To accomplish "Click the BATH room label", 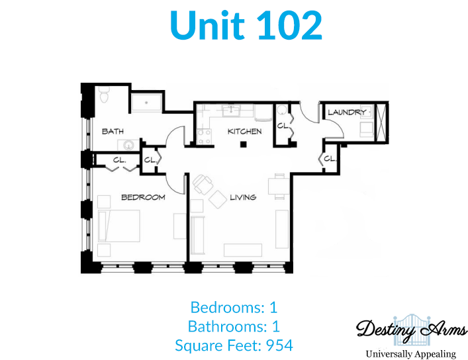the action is point(113,131).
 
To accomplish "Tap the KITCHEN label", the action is point(244,131).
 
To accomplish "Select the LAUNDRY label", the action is point(347,112).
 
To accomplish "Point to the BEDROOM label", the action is point(143,197).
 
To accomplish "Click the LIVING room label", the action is point(243,197).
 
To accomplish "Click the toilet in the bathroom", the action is point(104,95).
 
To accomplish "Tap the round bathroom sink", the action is point(128,146).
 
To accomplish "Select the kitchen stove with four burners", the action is point(204,137).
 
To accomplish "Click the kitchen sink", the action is point(231,110).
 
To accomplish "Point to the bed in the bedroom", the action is point(118,226).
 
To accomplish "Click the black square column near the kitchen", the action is point(244,145).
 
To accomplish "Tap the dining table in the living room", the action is point(279,186).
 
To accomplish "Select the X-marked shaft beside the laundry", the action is point(381,122).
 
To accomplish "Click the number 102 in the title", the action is point(289,25).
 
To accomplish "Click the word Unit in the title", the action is point(207,25).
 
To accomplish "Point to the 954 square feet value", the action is point(279,345).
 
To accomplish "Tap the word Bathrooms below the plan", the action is point(227,326).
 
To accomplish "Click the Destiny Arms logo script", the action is point(411,330).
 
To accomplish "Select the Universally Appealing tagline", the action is point(410,354).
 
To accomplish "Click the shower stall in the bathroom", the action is point(146,103).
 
